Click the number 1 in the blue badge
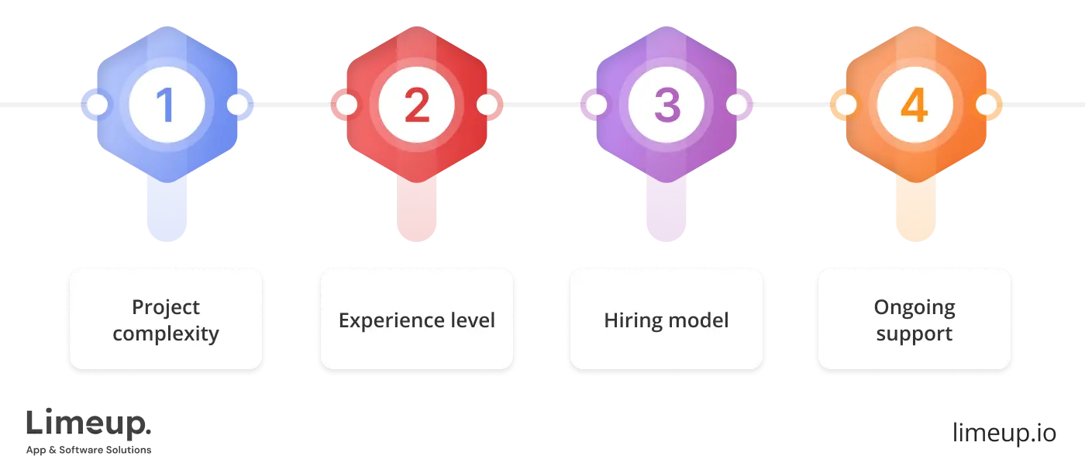click(x=166, y=105)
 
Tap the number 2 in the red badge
click(x=416, y=105)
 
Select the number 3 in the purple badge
click(x=666, y=105)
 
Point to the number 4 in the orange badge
click(x=914, y=105)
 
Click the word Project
click(x=166, y=308)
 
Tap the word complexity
click(x=166, y=334)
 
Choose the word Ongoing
click(x=914, y=308)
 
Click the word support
click(x=914, y=335)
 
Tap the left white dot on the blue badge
click(x=97, y=105)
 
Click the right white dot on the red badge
click(x=487, y=105)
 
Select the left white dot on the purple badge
click(x=596, y=105)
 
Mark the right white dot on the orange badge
click(x=986, y=105)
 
